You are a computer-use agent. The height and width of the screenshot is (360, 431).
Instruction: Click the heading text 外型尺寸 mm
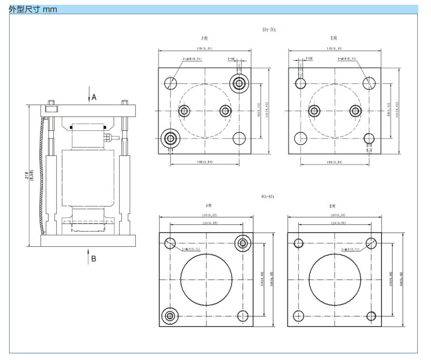click(x=33, y=9)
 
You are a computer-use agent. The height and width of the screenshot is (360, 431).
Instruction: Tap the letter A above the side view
click(x=94, y=97)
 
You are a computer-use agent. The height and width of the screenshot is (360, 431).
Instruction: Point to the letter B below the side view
click(x=94, y=259)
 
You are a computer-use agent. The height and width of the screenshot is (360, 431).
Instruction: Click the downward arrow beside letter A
click(x=88, y=94)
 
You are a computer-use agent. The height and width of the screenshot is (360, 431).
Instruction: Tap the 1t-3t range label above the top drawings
click(x=269, y=29)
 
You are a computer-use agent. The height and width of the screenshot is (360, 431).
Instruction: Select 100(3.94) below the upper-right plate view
click(x=335, y=162)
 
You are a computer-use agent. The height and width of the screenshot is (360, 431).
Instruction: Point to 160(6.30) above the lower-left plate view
click(x=206, y=214)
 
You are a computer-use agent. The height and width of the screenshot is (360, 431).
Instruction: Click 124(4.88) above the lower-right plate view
click(x=335, y=223)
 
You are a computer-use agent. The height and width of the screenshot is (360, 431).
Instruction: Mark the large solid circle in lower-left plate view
click(x=206, y=279)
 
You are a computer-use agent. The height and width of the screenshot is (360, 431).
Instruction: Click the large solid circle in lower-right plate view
click(x=335, y=279)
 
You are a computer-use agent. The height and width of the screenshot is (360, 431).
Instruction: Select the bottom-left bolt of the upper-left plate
click(x=170, y=138)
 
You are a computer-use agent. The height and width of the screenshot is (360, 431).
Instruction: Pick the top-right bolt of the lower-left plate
click(x=243, y=243)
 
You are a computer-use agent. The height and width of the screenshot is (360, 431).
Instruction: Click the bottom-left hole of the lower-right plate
click(x=299, y=315)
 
